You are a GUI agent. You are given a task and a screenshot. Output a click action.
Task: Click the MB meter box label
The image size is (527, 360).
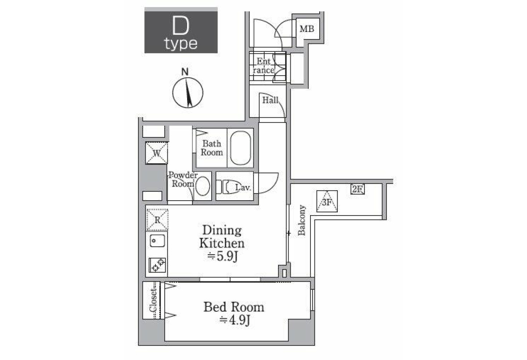point(307,29)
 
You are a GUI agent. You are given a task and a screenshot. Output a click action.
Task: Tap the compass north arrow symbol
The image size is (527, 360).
point(188,92)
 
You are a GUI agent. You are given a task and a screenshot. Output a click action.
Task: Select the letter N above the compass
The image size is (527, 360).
point(185,72)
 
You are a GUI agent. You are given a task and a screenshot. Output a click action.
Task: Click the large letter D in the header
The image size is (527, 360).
point(180,26)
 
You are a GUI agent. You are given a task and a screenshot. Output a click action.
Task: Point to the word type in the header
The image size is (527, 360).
point(180,44)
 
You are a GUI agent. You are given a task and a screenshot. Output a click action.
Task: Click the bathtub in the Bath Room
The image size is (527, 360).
point(241,148)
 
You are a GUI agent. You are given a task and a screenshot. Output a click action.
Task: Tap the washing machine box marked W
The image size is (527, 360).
point(156,153)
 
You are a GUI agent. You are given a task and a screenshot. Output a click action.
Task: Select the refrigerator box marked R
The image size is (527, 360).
point(157,220)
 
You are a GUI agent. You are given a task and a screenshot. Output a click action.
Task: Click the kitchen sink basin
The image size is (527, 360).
point(157,241)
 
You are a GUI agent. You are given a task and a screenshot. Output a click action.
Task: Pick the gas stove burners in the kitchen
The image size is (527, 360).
point(157,265)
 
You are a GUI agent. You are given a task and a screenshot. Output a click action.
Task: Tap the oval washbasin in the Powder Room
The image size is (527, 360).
point(202,186)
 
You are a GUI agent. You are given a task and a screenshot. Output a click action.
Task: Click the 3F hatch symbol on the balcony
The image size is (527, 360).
point(327,201)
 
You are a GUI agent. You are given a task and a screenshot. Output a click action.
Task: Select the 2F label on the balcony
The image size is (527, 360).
point(357,189)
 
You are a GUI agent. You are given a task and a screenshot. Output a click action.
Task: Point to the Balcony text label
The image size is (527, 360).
point(301,220)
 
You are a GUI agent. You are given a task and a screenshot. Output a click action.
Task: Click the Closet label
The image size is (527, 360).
point(153,300)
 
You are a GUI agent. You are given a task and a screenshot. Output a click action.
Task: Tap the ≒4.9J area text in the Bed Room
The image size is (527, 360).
point(235,320)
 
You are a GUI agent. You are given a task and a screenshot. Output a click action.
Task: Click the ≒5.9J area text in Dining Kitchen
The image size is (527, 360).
point(222,256)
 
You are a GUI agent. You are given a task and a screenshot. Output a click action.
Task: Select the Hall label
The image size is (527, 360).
point(271,100)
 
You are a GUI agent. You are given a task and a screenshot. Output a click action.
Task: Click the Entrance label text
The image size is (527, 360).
point(263,65)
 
